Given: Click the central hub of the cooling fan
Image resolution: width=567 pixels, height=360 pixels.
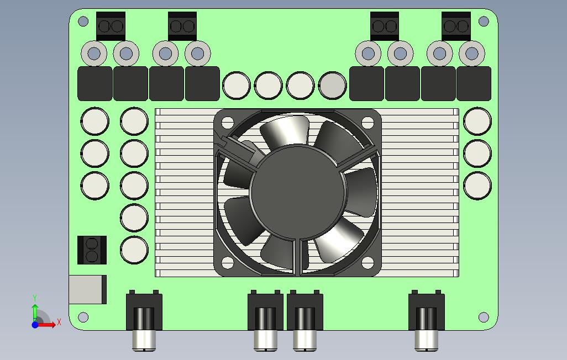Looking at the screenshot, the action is point(297,192).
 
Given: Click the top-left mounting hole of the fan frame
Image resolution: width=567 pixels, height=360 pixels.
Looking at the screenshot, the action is point(228,123).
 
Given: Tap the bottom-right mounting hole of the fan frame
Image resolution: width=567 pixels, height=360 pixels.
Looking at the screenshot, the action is point(368,263).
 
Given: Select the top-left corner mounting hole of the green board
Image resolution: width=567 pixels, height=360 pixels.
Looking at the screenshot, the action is point(83,22).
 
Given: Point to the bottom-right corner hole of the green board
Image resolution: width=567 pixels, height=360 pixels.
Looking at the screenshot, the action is point(484,317).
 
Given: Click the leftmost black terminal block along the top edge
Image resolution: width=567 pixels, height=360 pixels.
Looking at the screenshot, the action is point(111,26).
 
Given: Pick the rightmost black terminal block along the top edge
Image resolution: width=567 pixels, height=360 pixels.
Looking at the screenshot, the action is point(456,26).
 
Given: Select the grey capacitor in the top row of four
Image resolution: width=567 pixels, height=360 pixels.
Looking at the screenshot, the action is point(332,86).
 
